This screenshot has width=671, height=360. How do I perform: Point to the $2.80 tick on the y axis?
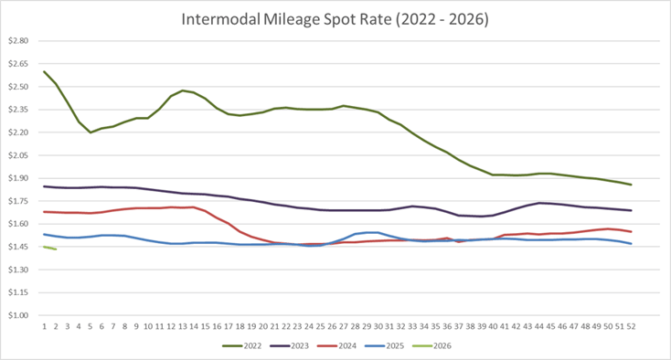click(x=19, y=41)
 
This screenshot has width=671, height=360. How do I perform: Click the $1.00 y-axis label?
click(x=19, y=315)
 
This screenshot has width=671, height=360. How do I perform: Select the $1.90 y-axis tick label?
click(x=19, y=178)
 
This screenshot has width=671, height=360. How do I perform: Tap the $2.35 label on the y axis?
click(x=19, y=110)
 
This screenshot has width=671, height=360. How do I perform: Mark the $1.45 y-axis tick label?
click(x=19, y=247)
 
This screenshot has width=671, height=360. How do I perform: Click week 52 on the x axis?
click(x=631, y=325)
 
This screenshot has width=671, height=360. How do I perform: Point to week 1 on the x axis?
click(x=44, y=325)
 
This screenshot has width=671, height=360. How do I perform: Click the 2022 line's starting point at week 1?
click(x=44, y=71)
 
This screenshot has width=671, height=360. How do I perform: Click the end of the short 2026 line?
click(x=56, y=249)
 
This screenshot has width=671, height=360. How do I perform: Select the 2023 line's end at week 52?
click(x=631, y=210)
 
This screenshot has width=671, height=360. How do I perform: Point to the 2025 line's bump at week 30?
click(x=378, y=233)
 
